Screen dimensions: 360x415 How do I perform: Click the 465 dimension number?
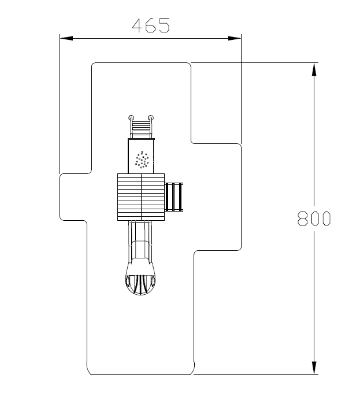tap(151, 25)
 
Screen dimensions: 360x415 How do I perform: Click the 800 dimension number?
tap(314, 218)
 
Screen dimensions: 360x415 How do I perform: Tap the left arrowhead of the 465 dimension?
tap(66, 38)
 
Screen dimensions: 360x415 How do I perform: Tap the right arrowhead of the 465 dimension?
tap(235, 38)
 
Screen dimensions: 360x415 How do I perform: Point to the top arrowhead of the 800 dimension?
tap(314, 69)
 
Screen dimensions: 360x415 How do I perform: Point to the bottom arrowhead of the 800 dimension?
tap(314, 368)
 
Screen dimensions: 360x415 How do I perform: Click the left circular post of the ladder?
tap(131, 117)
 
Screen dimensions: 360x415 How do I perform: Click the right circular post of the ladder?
tap(151, 117)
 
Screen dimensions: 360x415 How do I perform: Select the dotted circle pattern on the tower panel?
tap(142, 160)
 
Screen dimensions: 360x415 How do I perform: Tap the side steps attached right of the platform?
tap(174, 197)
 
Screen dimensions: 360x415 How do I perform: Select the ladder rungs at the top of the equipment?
tap(141, 129)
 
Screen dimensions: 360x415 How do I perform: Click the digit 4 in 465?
tap(138, 25)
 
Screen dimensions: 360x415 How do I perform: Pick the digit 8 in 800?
tap(303, 218)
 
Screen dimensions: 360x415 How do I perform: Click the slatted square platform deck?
tap(141, 197)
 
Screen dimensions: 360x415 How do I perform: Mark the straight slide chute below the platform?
tap(140, 242)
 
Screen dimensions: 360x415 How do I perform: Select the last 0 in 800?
tap(326, 218)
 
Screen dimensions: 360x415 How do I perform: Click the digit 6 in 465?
tap(151, 25)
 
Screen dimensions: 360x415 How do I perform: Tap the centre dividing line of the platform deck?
tap(142, 197)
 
